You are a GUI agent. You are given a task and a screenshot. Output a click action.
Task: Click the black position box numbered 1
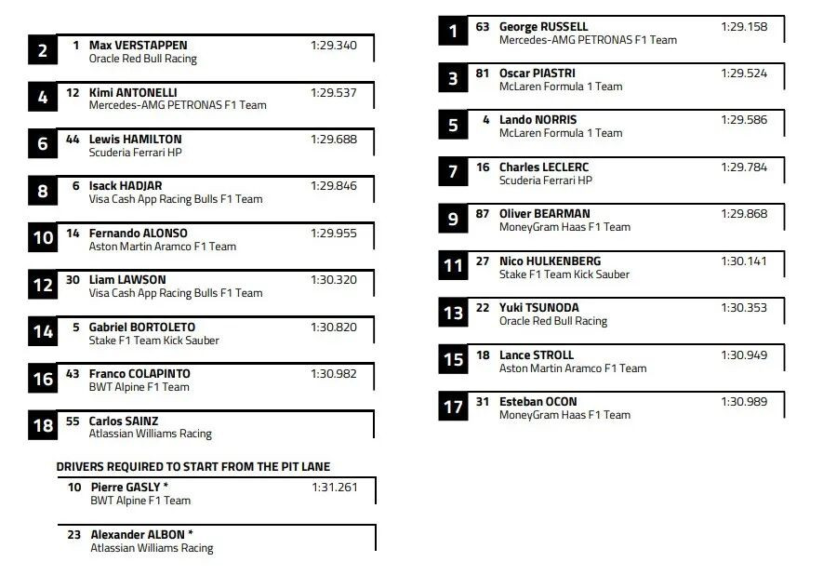(453, 32)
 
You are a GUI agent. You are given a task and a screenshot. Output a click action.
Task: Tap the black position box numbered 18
(43, 426)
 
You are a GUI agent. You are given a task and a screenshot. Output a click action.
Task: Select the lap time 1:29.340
(333, 45)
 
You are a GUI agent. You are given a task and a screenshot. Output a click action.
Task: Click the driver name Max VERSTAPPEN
(138, 45)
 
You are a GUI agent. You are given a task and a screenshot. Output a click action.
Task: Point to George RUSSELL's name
(543, 27)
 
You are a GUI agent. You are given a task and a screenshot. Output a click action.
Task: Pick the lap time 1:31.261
(334, 487)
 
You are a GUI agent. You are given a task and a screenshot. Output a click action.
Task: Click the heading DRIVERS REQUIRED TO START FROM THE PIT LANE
(193, 466)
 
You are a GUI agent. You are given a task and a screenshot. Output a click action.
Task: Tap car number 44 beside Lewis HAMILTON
(73, 139)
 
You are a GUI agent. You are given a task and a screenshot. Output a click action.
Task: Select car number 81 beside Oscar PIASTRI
(482, 73)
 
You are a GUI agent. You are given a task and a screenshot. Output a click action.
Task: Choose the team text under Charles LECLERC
(545, 181)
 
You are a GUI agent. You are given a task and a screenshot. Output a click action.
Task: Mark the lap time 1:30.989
(744, 401)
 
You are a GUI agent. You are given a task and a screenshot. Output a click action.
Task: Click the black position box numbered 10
(43, 238)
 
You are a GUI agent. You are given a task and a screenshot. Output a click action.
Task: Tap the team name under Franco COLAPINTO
(139, 387)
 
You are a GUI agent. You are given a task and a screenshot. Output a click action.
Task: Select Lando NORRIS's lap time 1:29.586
(744, 120)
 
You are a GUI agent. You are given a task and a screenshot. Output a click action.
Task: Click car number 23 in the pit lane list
(74, 534)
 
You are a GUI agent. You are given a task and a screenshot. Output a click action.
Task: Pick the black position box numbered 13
(453, 314)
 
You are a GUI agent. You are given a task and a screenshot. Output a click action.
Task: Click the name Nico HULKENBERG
(550, 261)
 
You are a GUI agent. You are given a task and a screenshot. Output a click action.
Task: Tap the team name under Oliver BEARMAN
(564, 227)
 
